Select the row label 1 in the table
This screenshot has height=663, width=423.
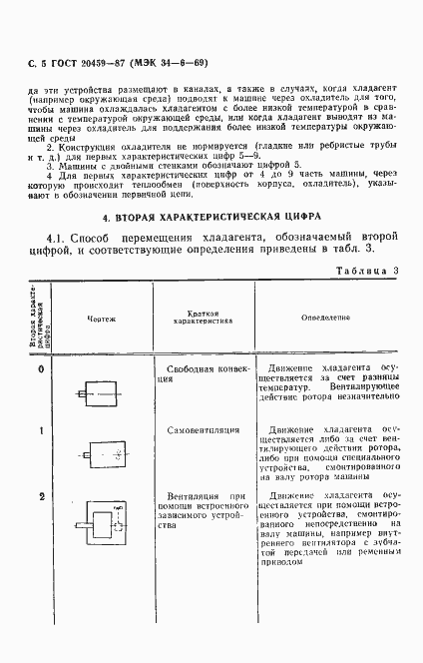[x=42, y=430]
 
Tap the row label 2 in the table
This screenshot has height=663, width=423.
[x=42, y=496]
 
